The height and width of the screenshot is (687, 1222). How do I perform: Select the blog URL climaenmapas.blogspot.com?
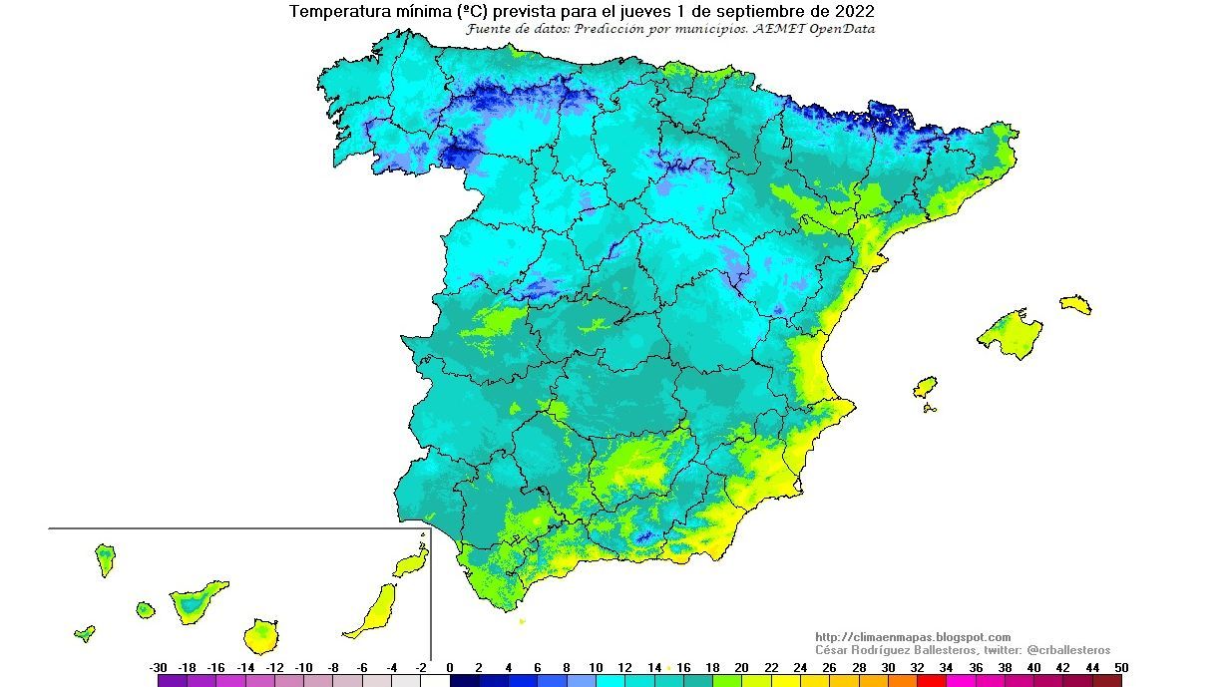913,637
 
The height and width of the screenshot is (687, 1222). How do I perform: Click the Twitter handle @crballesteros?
1066,650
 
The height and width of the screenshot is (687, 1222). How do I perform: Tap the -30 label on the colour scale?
158,668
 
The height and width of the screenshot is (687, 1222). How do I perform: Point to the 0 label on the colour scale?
450,668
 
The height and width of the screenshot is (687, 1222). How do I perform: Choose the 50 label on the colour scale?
1122,668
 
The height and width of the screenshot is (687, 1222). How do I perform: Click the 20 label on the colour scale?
741,668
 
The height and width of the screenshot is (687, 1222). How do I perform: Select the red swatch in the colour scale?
931,681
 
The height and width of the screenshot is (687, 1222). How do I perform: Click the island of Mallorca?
1010,332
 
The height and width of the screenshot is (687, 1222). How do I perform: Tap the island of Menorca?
1076,304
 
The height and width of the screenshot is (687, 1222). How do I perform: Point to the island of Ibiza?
926,387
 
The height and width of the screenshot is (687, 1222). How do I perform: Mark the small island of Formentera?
930,408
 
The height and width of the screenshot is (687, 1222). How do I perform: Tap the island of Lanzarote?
411,564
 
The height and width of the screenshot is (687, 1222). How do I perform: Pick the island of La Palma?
105,558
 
